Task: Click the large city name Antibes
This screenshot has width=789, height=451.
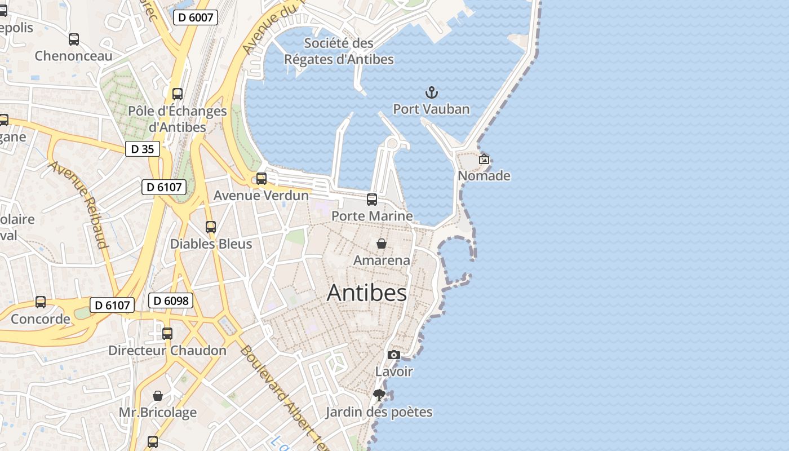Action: (366, 293)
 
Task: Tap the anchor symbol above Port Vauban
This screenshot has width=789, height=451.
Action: (431, 92)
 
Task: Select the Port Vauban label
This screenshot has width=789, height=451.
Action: (431, 109)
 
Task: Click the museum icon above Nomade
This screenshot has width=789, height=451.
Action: (484, 159)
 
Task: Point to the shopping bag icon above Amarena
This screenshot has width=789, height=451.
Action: (382, 244)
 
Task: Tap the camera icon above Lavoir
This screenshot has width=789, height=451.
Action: (394, 355)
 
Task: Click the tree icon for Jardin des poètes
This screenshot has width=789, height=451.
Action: (379, 395)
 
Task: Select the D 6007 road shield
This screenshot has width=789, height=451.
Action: (195, 17)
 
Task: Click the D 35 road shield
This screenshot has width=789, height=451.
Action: (142, 149)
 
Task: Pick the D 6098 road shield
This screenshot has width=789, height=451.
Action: (171, 300)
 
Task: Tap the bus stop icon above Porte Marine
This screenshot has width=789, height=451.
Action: (372, 199)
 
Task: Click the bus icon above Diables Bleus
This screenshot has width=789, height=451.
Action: (211, 227)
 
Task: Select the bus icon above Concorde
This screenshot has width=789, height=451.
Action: (41, 302)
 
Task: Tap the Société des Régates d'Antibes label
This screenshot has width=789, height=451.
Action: (339, 51)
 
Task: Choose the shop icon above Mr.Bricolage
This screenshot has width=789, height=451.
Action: (158, 396)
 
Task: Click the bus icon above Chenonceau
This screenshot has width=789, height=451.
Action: (74, 39)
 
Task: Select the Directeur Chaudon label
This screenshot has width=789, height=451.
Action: (167, 350)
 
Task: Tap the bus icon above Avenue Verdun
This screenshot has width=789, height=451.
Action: (261, 179)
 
